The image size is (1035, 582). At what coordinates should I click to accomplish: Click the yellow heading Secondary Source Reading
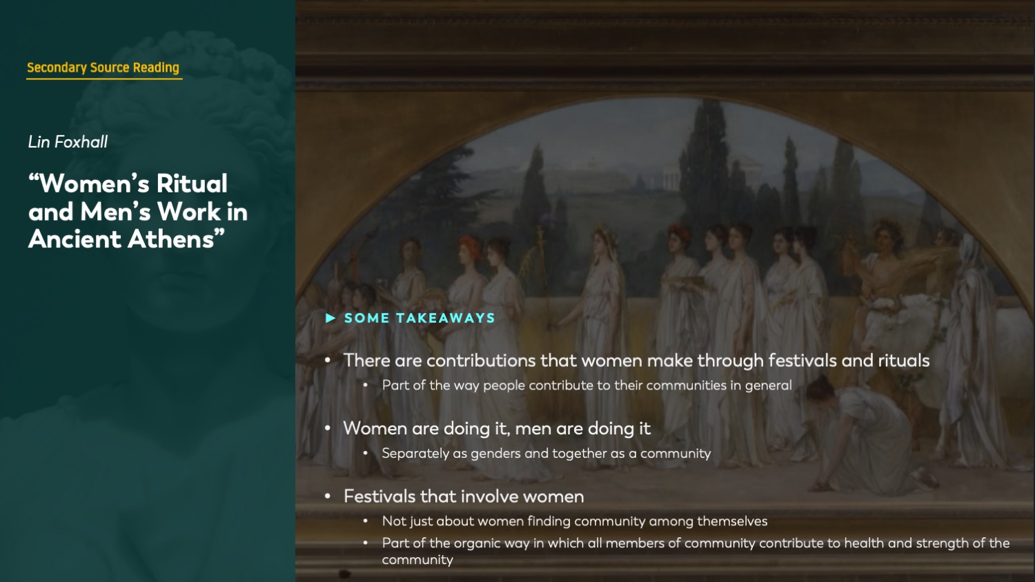(x=103, y=68)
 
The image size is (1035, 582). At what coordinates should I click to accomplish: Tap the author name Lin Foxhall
(x=68, y=142)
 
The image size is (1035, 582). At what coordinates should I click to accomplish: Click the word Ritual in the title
(x=191, y=183)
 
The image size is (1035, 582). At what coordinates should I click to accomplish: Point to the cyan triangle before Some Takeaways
(x=331, y=318)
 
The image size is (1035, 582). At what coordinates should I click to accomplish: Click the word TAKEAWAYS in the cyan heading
(x=446, y=318)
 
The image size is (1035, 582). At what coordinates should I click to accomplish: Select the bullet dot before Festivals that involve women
(x=328, y=496)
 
